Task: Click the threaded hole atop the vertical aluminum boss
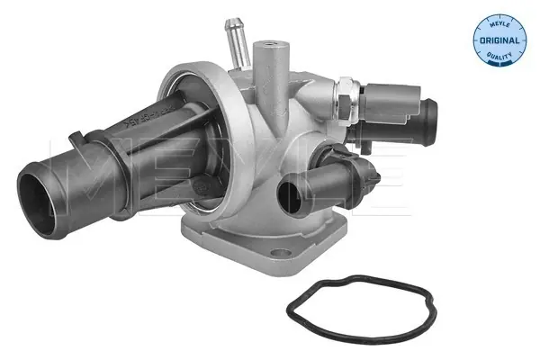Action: (269, 42)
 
